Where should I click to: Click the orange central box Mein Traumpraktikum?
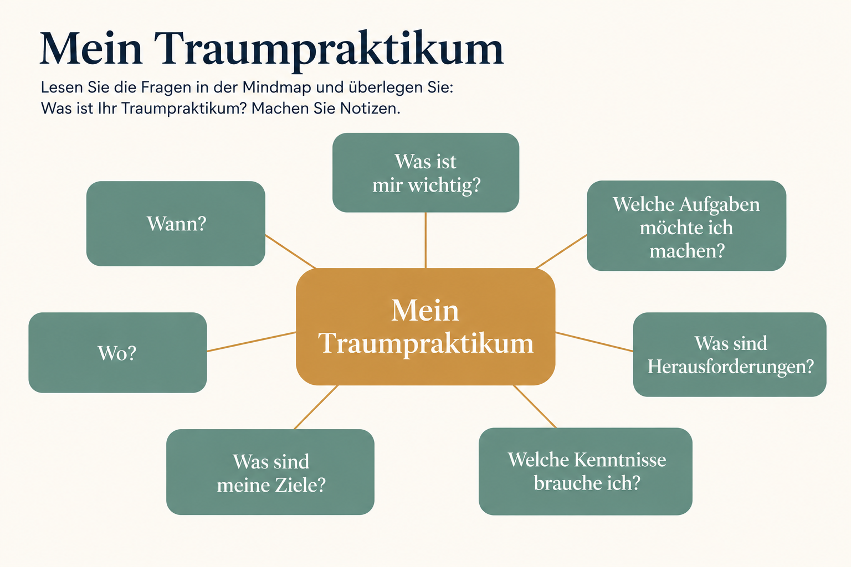click(425, 327)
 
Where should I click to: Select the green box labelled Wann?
click(176, 224)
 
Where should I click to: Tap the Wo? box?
click(118, 352)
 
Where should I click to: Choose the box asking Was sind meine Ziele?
click(270, 472)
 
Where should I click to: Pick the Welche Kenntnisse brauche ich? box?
click(586, 472)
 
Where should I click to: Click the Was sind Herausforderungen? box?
click(730, 355)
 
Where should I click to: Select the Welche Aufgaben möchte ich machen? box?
click(686, 226)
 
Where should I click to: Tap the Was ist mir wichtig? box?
click(426, 172)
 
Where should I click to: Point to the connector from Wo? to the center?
click(252, 342)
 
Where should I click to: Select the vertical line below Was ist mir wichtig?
click(425, 240)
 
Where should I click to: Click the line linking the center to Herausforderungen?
click(594, 342)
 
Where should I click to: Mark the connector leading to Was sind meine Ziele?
click(316, 407)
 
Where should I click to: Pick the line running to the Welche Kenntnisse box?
click(535, 407)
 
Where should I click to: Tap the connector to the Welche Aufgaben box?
click(561, 252)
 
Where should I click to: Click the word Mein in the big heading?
click(91, 48)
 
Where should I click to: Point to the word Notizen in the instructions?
click(370, 109)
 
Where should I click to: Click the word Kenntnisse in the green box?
click(620, 460)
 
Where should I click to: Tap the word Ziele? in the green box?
click(300, 486)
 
